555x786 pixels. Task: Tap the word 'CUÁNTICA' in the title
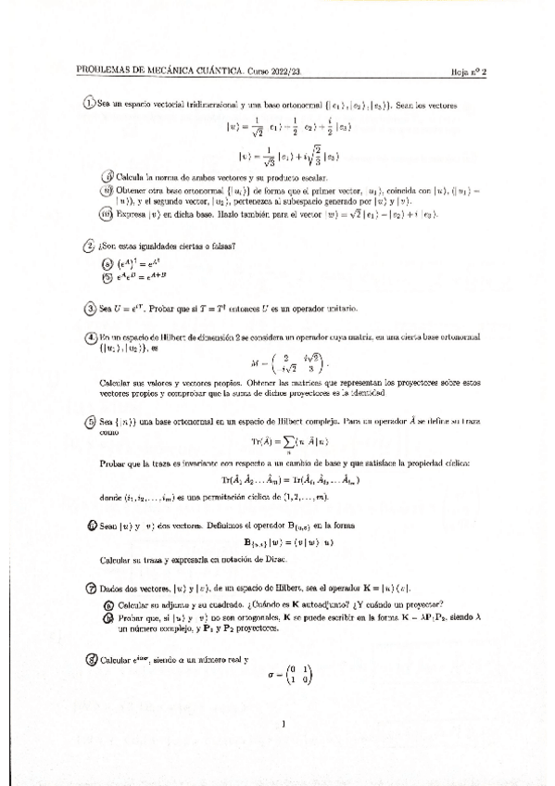pos(217,70)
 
